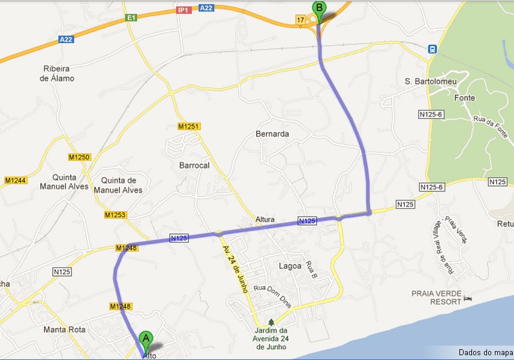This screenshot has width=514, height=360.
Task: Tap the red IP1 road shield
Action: coord(184,10)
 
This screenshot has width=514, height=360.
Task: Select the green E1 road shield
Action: coord(132,19)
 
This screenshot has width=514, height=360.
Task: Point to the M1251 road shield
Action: coord(188,127)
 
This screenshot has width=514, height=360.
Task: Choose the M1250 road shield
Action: coord(79,157)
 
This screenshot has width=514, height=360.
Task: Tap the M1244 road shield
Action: coord(16,180)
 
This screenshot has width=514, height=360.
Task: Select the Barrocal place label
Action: coord(194,165)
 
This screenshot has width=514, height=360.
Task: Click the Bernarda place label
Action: coord(272,134)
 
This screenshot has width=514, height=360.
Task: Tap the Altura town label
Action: coord(264,220)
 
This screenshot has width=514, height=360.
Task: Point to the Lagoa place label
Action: coord(290,265)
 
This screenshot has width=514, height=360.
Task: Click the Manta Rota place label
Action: coord(65,329)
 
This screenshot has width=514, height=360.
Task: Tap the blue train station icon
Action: coord(431,49)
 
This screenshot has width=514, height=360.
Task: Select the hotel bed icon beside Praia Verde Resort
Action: coord(469,298)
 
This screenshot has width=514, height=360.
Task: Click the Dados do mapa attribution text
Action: coord(485,352)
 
